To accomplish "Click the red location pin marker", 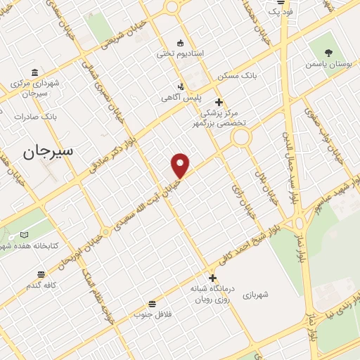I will (181, 165).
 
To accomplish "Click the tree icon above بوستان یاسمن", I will (329, 52).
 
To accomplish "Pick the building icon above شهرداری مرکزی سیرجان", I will (34, 72).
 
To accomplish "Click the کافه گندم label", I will (41, 285).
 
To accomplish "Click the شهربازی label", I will (261, 296).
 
